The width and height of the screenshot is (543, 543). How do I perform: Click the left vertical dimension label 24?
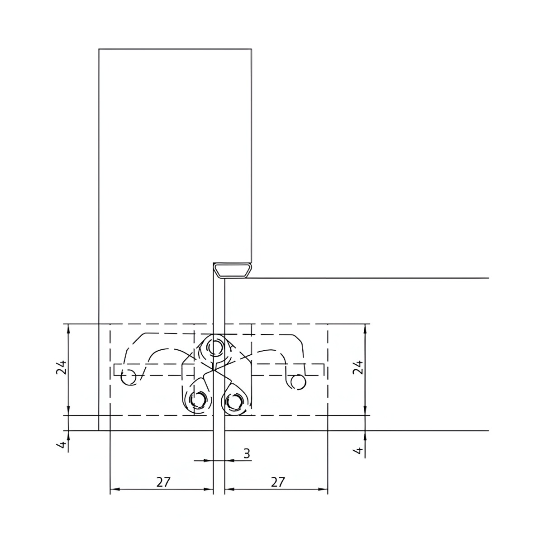tap(62, 367)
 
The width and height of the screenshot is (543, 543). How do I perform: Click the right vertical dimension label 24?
tap(358, 367)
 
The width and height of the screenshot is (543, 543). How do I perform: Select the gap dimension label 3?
tap(247, 454)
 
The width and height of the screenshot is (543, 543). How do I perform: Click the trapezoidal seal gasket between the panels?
tap(233, 270)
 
